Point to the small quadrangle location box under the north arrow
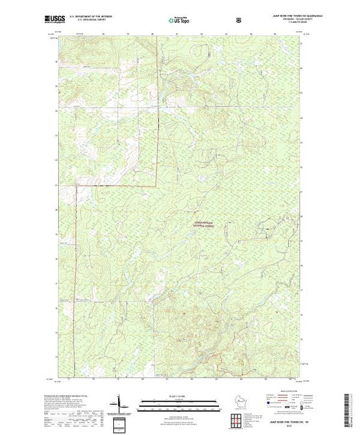(121, 422)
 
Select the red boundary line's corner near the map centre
(157, 185)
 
